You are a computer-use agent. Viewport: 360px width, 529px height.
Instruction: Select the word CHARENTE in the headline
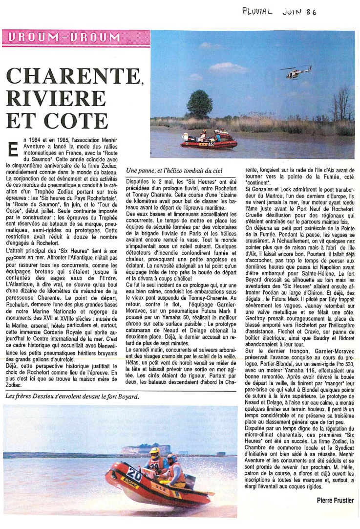tap(71, 76)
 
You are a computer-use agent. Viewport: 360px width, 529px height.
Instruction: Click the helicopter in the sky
tap(296, 72)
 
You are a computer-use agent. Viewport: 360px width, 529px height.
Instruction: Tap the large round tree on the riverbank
tap(199, 104)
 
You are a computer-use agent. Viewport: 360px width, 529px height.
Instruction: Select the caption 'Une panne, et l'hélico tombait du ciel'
tap(174, 171)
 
